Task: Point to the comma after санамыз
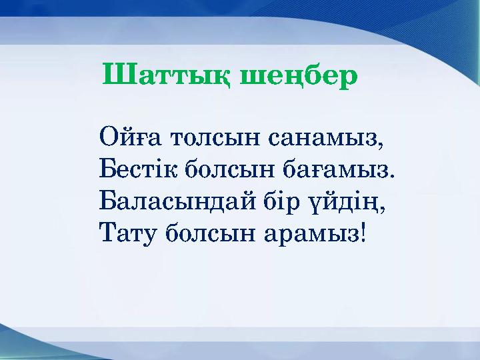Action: point(382,145)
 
